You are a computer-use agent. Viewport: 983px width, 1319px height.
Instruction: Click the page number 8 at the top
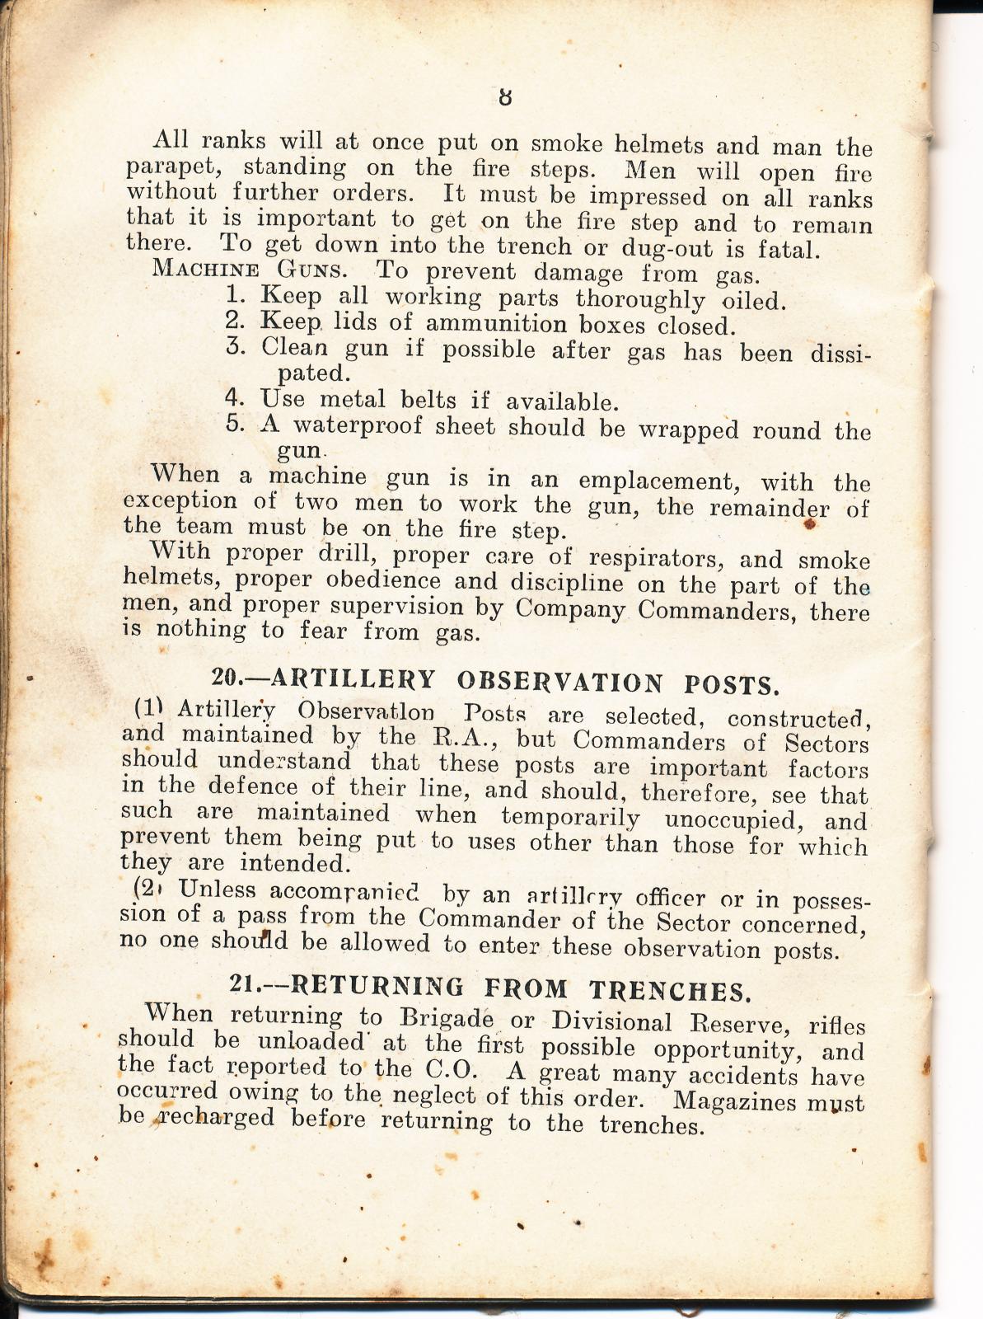[x=505, y=96]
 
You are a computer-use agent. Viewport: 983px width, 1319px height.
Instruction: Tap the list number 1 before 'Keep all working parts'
[x=232, y=295]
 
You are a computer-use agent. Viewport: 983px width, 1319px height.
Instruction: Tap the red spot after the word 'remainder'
[x=810, y=523]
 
